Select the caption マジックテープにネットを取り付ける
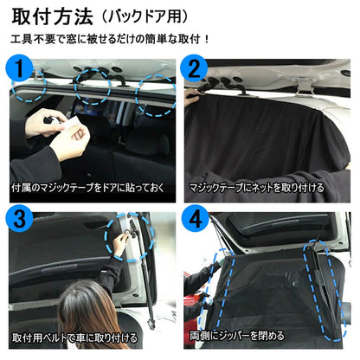(x=257, y=187)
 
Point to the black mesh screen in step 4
(x=268, y=294)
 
